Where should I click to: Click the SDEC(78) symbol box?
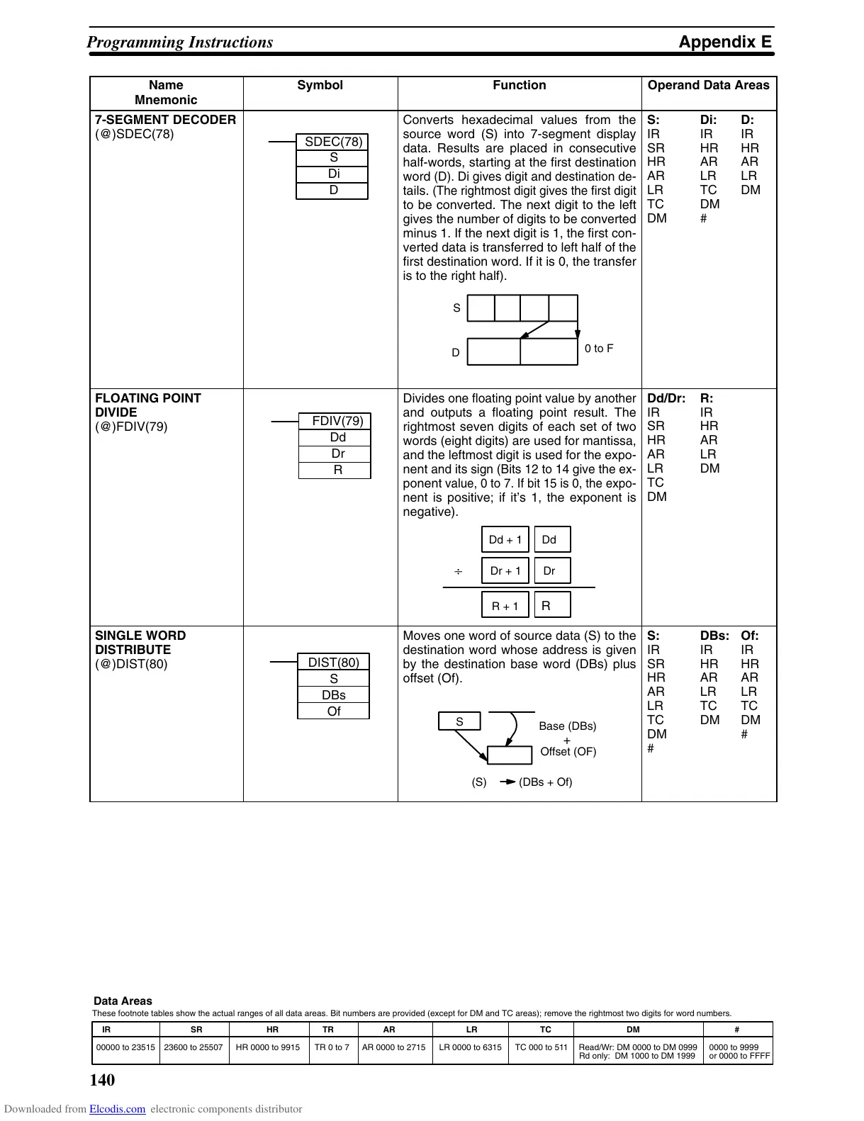(332, 142)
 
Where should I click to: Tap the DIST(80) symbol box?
(333, 662)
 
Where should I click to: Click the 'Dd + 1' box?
(505, 540)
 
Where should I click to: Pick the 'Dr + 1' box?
(505, 571)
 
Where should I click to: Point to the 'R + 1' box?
(505, 606)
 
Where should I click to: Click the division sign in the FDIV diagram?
(458, 571)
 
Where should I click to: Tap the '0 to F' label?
(599, 349)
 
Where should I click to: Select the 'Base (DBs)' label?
(567, 726)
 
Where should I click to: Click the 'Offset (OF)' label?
(568, 752)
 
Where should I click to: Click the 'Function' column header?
(519, 86)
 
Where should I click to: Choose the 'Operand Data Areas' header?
(708, 86)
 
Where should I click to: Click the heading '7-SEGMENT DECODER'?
(165, 120)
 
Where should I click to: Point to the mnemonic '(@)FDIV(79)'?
(131, 427)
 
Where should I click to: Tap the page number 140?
(102, 1080)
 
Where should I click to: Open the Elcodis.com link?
(117, 1110)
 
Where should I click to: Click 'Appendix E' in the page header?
(724, 43)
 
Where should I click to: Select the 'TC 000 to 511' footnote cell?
(541, 1047)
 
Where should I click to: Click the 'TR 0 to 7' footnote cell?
(332, 1047)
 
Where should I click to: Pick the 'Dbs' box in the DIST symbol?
(333, 695)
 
